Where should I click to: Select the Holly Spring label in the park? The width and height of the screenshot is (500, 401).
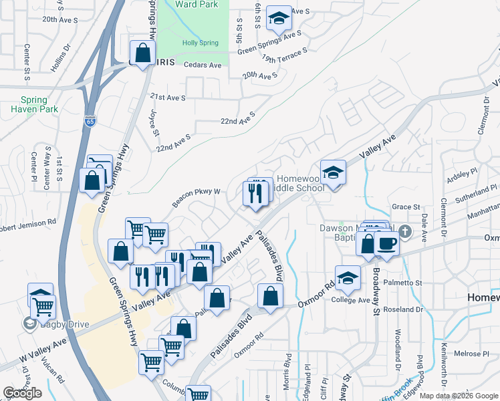click(200, 43)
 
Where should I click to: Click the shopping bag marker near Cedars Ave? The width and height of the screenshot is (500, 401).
click(142, 53)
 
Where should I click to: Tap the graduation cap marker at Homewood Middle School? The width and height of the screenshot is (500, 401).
click(332, 173)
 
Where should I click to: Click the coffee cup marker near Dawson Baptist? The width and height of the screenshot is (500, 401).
click(386, 243)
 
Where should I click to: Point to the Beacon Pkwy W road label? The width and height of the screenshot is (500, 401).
click(197, 196)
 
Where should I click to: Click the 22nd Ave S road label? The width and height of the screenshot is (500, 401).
click(238, 119)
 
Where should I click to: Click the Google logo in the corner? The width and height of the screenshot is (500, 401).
click(22, 393)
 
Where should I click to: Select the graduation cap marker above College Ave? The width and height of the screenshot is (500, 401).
click(348, 278)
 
